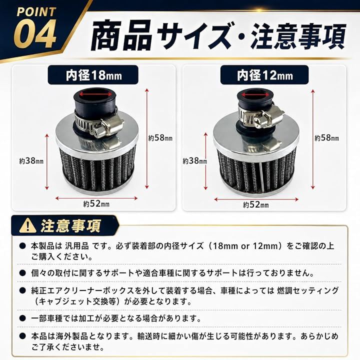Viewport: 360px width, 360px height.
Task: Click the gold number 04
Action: pyautogui.click(x=36, y=34)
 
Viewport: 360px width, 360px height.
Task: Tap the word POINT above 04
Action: pyautogui.click(x=36, y=12)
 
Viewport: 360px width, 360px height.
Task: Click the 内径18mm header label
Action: pyautogui.click(x=93, y=75)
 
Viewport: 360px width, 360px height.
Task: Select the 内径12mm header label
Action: pyautogui.click(x=264, y=75)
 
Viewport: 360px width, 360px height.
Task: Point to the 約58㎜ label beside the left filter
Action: pyautogui.click(x=160, y=138)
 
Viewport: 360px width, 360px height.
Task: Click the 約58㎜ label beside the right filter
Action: pyautogui.click(x=326, y=138)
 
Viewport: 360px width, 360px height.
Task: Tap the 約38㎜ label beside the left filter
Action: pyautogui.click(x=31, y=160)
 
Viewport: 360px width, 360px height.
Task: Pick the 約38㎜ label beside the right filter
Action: pyautogui.click(x=194, y=160)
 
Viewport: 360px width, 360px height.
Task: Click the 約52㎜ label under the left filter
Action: pyautogui.click(x=96, y=203)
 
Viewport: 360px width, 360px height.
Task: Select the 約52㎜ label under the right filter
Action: pyautogui.click(x=256, y=204)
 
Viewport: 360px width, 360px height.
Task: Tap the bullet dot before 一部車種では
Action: pyautogui.click(x=22, y=318)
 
